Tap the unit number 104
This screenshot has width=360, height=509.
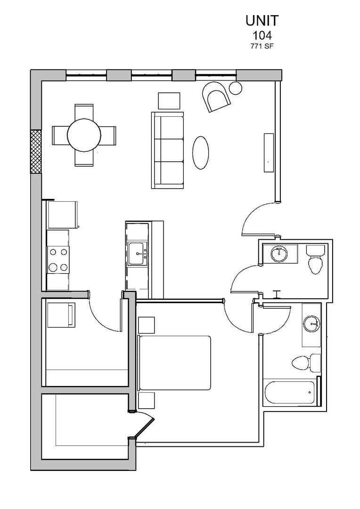tap(262, 35)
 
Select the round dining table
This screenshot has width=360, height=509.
tap(84, 135)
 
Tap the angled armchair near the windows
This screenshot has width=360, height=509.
tap(216, 97)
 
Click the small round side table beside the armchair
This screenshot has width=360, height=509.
tap(236, 87)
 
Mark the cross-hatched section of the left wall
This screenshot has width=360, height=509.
tap(36, 152)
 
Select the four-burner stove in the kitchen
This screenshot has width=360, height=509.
tap(57, 260)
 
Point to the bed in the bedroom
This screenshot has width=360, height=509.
tap(174, 362)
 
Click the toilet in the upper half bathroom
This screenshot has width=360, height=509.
tap(314, 261)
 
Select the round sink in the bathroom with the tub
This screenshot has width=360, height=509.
tap(311, 324)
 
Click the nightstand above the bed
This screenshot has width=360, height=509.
tap(146, 325)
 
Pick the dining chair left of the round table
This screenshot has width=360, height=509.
tap(60, 135)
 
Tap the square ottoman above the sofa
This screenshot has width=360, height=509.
tap(169, 101)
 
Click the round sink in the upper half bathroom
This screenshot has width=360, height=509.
tap(279, 254)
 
